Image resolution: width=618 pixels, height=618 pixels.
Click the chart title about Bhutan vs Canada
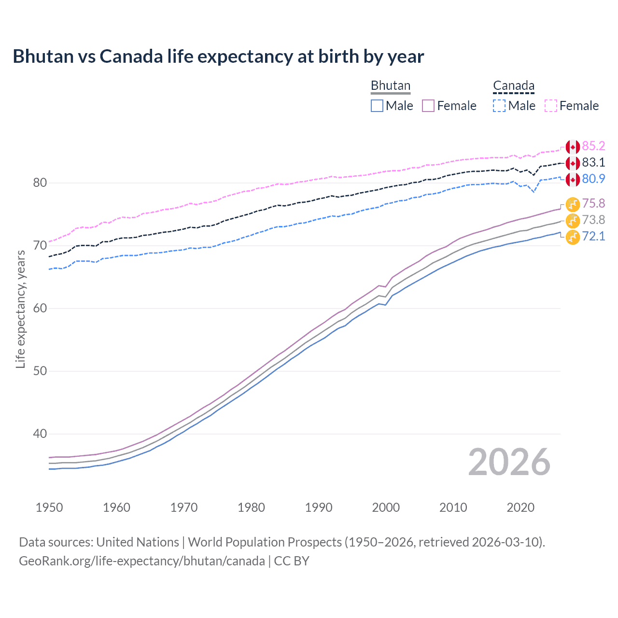(218, 56)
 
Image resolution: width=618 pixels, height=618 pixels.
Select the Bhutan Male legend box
(377, 106)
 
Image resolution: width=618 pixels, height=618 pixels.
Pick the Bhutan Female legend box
(428, 106)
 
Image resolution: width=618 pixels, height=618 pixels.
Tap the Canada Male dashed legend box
(499, 106)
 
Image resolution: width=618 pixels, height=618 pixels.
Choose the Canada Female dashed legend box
(551, 106)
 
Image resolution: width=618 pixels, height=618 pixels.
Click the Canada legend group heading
(514, 86)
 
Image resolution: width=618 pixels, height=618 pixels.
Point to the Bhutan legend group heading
(390, 86)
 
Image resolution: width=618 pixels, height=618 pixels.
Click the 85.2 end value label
(593, 146)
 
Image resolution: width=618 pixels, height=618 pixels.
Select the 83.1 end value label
(593, 163)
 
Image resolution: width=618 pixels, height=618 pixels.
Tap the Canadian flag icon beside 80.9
(573, 179)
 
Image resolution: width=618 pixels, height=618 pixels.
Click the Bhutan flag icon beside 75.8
(573, 204)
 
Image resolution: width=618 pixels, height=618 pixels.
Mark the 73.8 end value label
(593, 220)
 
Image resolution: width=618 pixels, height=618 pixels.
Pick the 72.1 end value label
(593, 237)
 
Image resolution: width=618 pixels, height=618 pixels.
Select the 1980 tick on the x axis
(251, 507)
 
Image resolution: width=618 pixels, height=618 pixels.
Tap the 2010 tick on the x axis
(453, 507)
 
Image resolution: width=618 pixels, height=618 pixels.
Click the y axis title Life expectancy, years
(20, 309)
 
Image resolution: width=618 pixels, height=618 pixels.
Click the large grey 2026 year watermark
(509, 463)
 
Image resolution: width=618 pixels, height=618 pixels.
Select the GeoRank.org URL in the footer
(142, 561)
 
